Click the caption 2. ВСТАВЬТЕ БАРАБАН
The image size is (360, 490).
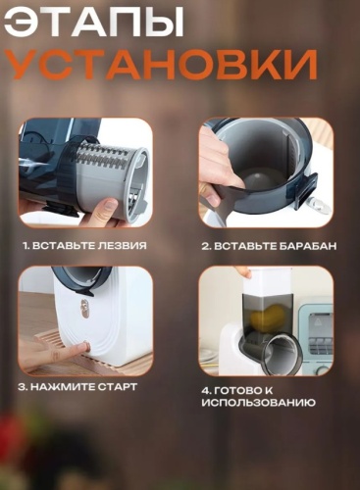(x=267, y=245)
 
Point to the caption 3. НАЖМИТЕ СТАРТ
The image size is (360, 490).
(x=77, y=387)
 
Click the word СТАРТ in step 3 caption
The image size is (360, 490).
(x=116, y=387)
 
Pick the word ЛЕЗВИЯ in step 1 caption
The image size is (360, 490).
(x=124, y=245)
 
